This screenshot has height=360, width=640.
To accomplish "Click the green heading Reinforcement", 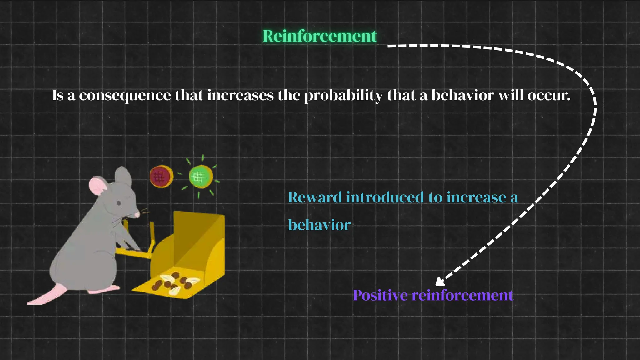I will pyautogui.click(x=319, y=36).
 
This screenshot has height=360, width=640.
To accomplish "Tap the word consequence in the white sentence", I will pyautogui.click(x=125, y=96).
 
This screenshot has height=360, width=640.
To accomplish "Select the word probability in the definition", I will pyautogui.click(x=343, y=96).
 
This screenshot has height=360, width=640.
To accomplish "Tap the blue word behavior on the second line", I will pyautogui.click(x=319, y=225).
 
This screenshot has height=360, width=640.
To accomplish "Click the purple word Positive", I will pyautogui.click(x=380, y=295).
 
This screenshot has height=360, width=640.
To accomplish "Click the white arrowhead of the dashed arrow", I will pyautogui.click(x=440, y=282).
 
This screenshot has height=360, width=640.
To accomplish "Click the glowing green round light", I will pyautogui.click(x=201, y=177).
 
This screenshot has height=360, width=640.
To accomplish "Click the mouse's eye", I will pyautogui.click(x=119, y=203).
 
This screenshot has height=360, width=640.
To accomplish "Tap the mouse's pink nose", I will pyautogui.click(x=137, y=215).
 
